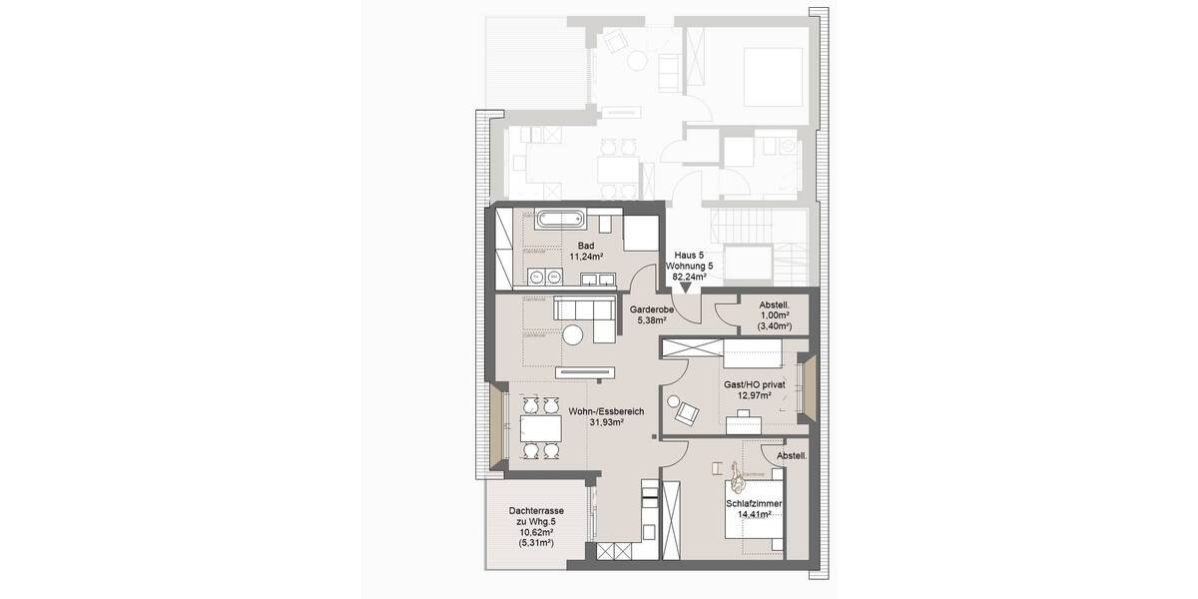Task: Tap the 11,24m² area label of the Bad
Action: pyautogui.click(x=586, y=257)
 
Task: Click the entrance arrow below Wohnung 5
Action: pyautogui.click(x=686, y=287)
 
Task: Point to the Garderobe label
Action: pyautogui.click(x=650, y=309)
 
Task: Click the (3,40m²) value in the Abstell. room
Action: pyautogui.click(x=774, y=326)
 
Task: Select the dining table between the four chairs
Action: pyautogui.click(x=539, y=429)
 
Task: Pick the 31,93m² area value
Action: pyautogui.click(x=606, y=422)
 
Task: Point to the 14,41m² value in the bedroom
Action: pyautogui.click(x=755, y=517)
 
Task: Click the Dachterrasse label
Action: pyautogui.click(x=536, y=510)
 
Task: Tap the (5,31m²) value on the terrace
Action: pyautogui.click(x=536, y=546)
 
